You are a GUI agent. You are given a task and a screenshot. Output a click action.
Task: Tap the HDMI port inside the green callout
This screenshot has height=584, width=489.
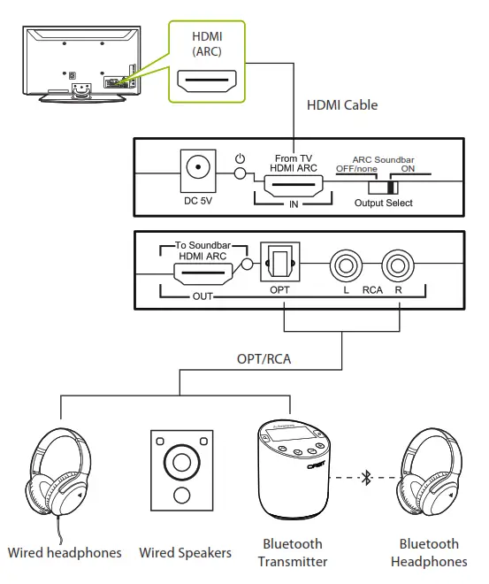(x=207, y=83)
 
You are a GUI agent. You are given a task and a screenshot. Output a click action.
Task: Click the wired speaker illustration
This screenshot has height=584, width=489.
(x=181, y=470)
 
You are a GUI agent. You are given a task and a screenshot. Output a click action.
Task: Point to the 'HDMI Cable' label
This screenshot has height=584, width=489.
(x=342, y=105)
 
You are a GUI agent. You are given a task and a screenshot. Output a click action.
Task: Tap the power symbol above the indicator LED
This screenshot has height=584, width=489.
(x=239, y=159)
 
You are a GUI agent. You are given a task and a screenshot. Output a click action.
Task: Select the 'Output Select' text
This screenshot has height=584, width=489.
(x=384, y=204)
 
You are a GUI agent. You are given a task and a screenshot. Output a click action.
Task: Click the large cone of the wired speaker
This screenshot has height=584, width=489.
(x=181, y=461)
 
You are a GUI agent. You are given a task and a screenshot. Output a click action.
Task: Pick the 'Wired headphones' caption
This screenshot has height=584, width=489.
(x=65, y=553)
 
